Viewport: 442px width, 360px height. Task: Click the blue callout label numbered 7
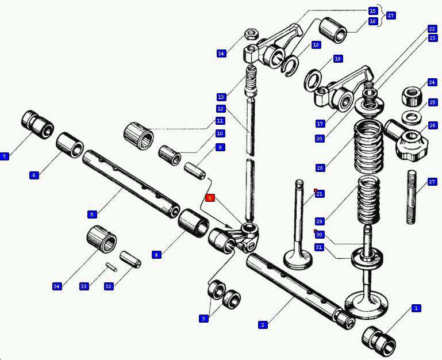tap(5, 156)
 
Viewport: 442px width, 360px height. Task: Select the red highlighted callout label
tap(210, 198)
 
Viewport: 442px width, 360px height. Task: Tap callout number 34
tap(56, 286)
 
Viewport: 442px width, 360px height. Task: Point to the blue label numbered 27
tap(432, 182)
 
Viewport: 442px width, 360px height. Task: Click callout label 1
tap(416, 308)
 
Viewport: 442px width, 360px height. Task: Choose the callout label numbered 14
tap(221, 53)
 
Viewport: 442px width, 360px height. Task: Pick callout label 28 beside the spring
tap(320, 168)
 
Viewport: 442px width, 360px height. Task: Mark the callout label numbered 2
tap(263, 325)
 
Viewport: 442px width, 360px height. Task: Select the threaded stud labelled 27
tap(412, 197)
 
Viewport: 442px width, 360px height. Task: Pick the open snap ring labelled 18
tap(291, 66)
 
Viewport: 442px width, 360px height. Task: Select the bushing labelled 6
tap(70, 144)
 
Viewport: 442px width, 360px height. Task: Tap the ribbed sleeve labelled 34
tap(102, 239)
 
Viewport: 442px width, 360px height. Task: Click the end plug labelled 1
tap(379, 339)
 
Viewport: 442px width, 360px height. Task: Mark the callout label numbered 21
tap(320, 194)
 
